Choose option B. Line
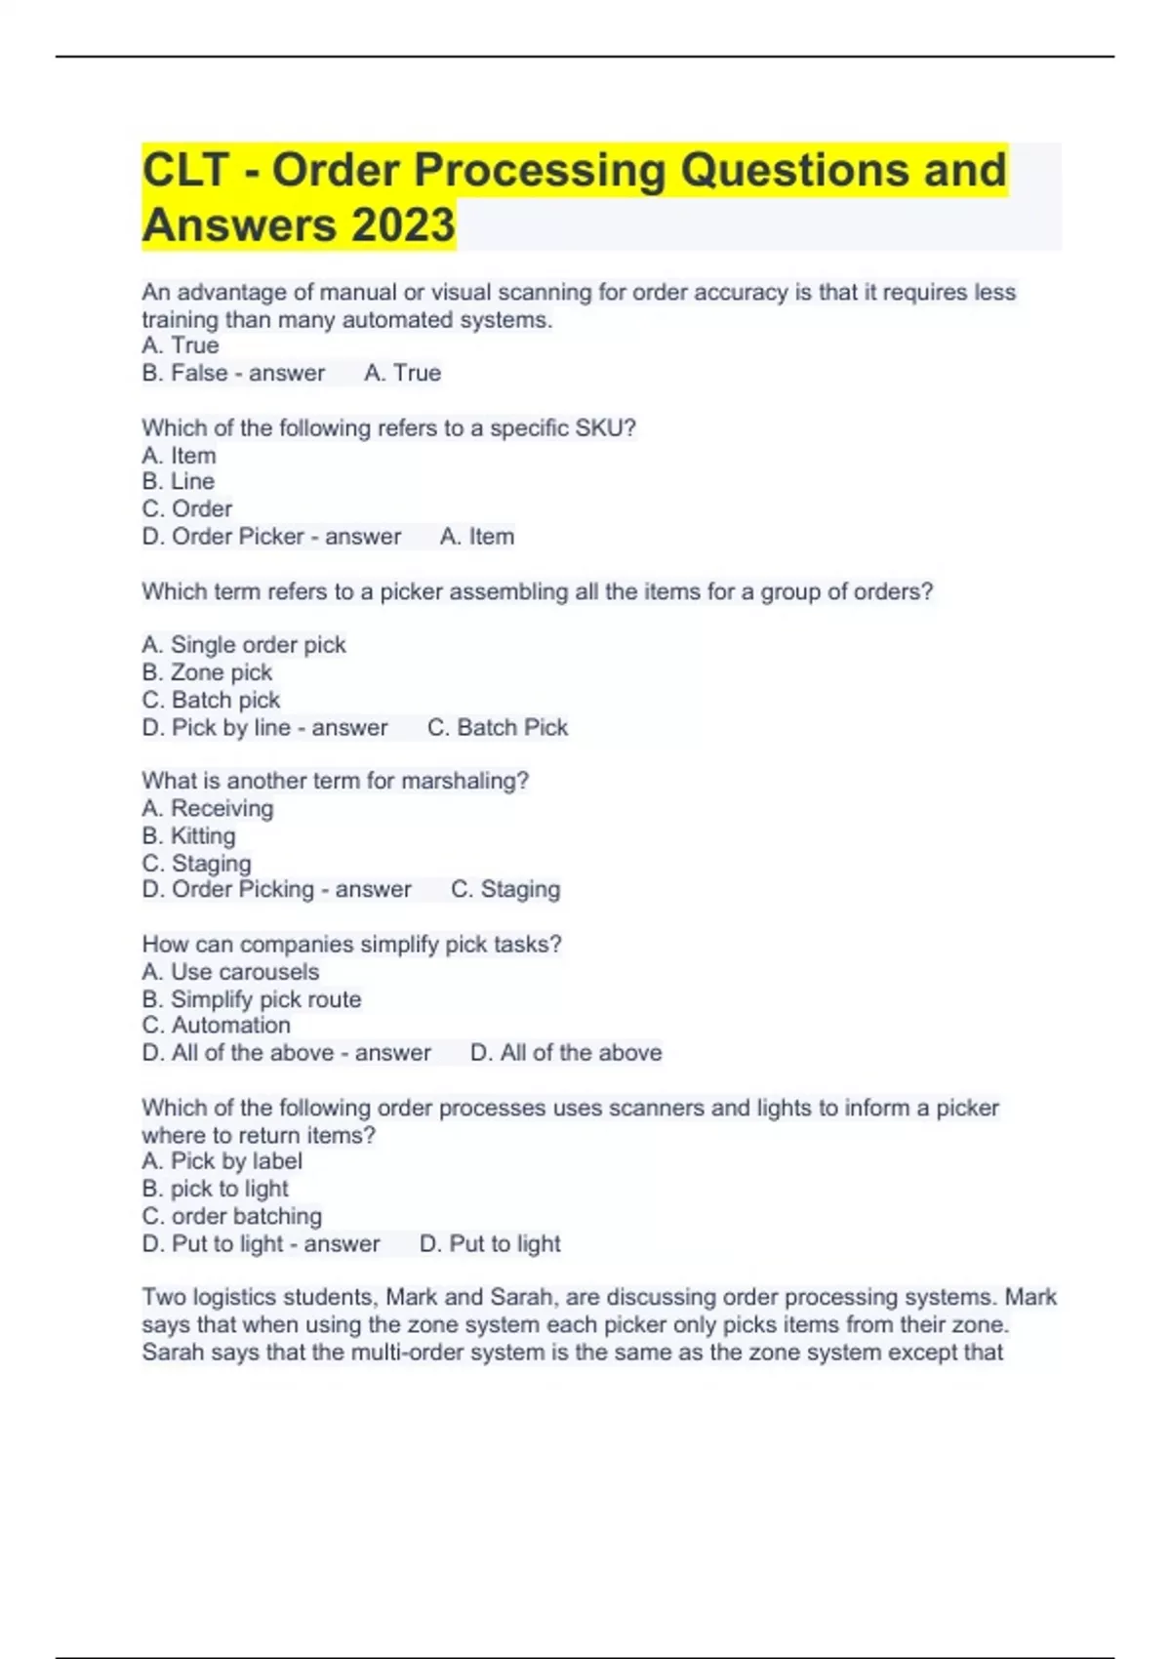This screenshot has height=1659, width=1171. coord(179,482)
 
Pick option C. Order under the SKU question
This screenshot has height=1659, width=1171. coord(187,509)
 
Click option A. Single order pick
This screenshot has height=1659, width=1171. coord(244,645)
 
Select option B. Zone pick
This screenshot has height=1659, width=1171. coord(207,672)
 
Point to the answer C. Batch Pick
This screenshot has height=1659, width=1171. coord(498,728)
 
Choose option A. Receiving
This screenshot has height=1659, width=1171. coord(208,809)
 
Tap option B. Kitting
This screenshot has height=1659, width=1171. coord(188,836)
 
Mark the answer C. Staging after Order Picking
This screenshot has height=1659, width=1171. coord(505,890)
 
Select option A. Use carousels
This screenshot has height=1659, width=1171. coord(230,972)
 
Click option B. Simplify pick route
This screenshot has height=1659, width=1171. coord(252,999)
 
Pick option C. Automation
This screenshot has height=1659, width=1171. coord(216,1026)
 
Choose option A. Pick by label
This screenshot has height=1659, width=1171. coord(222,1161)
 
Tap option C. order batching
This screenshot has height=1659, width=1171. coord(232,1217)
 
